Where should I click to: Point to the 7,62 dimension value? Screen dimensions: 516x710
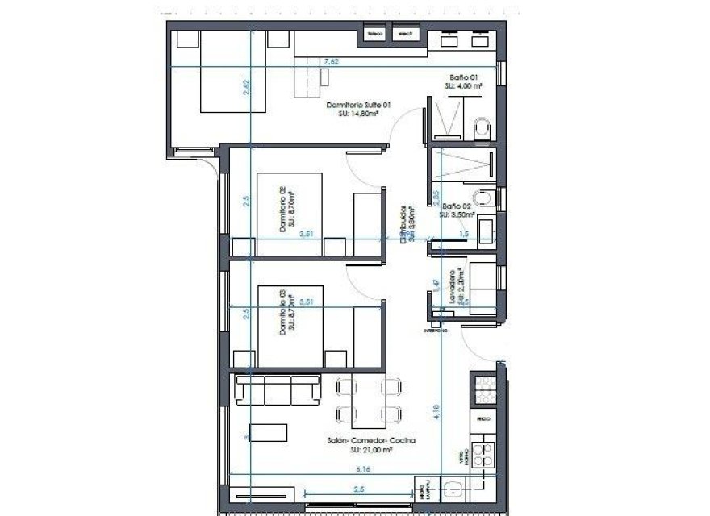(x=331, y=61)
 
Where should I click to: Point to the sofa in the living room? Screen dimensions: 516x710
(x=275, y=392)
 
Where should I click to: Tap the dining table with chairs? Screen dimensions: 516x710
(x=369, y=403)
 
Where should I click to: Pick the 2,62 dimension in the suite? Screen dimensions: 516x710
(x=246, y=87)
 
